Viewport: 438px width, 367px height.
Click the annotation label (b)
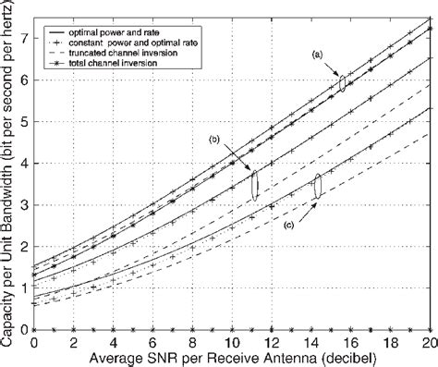tap(214, 140)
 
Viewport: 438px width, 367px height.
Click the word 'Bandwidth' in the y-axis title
tap(8, 179)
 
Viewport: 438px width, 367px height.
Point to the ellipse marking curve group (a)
tap(343, 83)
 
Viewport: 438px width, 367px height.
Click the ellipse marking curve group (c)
tap(317, 186)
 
